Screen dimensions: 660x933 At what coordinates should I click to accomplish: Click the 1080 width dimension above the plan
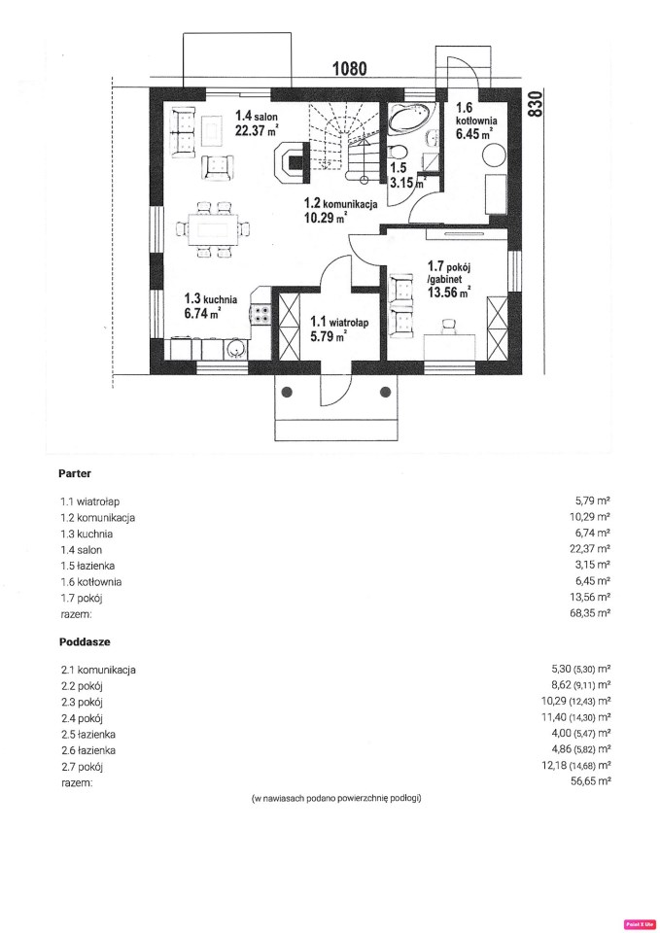click(x=350, y=68)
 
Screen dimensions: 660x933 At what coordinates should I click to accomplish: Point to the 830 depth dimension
click(x=535, y=104)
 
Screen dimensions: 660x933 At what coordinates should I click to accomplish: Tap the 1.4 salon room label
click(x=257, y=116)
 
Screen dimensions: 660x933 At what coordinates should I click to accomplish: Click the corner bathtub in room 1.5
click(x=412, y=118)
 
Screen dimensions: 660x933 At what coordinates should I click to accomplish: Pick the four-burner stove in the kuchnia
click(x=261, y=314)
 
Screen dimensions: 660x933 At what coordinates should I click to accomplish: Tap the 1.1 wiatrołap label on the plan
click(x=339, y=323)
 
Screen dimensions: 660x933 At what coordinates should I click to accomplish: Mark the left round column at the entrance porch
click(x=288, y=392)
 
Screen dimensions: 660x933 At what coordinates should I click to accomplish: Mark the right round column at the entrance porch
click(x=386, y=392)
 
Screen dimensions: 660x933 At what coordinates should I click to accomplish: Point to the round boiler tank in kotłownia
click(x=494, y=155)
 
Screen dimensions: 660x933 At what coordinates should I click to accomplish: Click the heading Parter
click(x=75, y=473)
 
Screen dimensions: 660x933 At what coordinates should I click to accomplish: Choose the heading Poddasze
click(x=85, y=642)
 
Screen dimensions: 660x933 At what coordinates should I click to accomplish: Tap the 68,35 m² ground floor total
click(x=590, y=612)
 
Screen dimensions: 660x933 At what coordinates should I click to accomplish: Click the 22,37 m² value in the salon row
click(x=590, y=548)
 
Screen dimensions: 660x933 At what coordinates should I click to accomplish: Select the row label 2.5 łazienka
click(x=88, y=735)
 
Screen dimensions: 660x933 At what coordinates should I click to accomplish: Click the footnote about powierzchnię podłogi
click(x=336, y=798)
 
